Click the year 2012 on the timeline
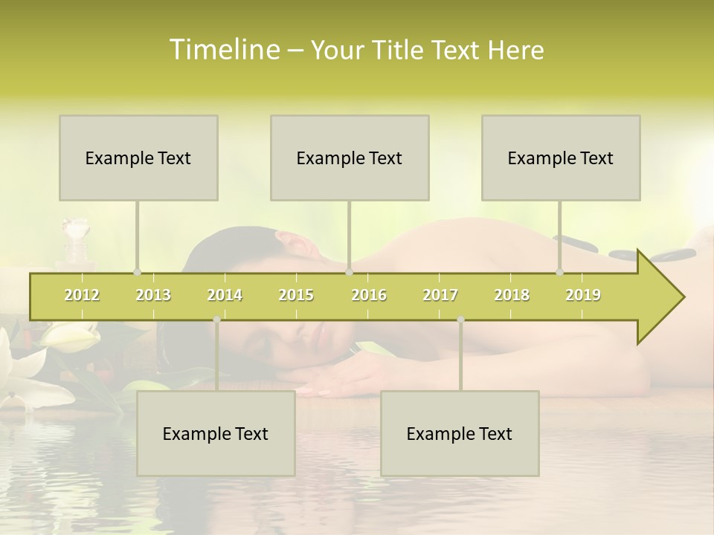pos(82,295)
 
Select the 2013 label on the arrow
pos(153,295)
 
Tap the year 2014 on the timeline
pos(225,295)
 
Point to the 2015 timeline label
pos(296,295)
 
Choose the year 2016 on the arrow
pos(368,295)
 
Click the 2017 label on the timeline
pos(440,295)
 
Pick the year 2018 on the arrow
pos(512,295)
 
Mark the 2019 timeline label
pos(583,295)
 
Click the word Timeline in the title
pos(223,50)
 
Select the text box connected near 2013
pos(138,158)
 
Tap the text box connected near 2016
pos(350,158)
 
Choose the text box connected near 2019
pos(561,158)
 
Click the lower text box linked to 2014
pos(216,433)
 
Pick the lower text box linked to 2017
pos(460,433)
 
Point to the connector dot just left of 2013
pos(137,272)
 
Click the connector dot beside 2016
pos(350,272)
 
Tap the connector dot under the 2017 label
pos(460,320)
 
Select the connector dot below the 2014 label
pos(216,320)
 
